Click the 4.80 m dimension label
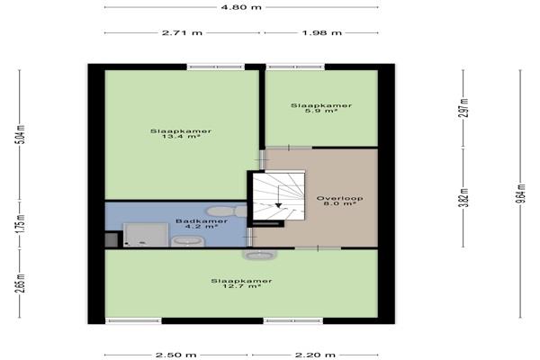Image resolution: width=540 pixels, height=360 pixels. click(x=241, y=7)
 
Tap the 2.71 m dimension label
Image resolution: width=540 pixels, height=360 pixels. click(x=182, y=33)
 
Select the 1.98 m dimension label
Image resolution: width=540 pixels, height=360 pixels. click(x=321, y=33)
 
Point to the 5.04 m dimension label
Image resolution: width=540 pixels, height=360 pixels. click(x=21, y=134)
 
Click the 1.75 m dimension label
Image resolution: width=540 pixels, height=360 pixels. click(x=21, y=224)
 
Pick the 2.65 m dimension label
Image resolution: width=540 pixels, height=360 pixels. click(x=21, y=283)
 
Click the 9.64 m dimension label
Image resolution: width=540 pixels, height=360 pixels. click(x=521, y=193)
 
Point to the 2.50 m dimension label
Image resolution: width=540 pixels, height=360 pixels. click(x=176, y=355)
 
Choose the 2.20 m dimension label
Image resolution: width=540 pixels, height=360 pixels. click(x=315, y=355)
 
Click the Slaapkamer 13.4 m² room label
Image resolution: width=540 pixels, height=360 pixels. click(x=181, y=134)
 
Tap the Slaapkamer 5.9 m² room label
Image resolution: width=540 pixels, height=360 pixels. click(x=321, y=108)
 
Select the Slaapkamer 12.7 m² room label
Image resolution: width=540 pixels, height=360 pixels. click(x=241, y=283)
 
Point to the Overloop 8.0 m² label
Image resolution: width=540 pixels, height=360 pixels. click(x=339, y=201)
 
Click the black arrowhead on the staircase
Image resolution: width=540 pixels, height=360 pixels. click(x=279, y=205)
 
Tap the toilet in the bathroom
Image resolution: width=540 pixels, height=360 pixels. click(x=228, y=211)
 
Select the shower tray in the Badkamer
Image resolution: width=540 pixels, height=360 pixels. click(x=146, y=235)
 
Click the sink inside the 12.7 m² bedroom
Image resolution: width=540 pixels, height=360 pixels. click(x=260, y=255)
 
